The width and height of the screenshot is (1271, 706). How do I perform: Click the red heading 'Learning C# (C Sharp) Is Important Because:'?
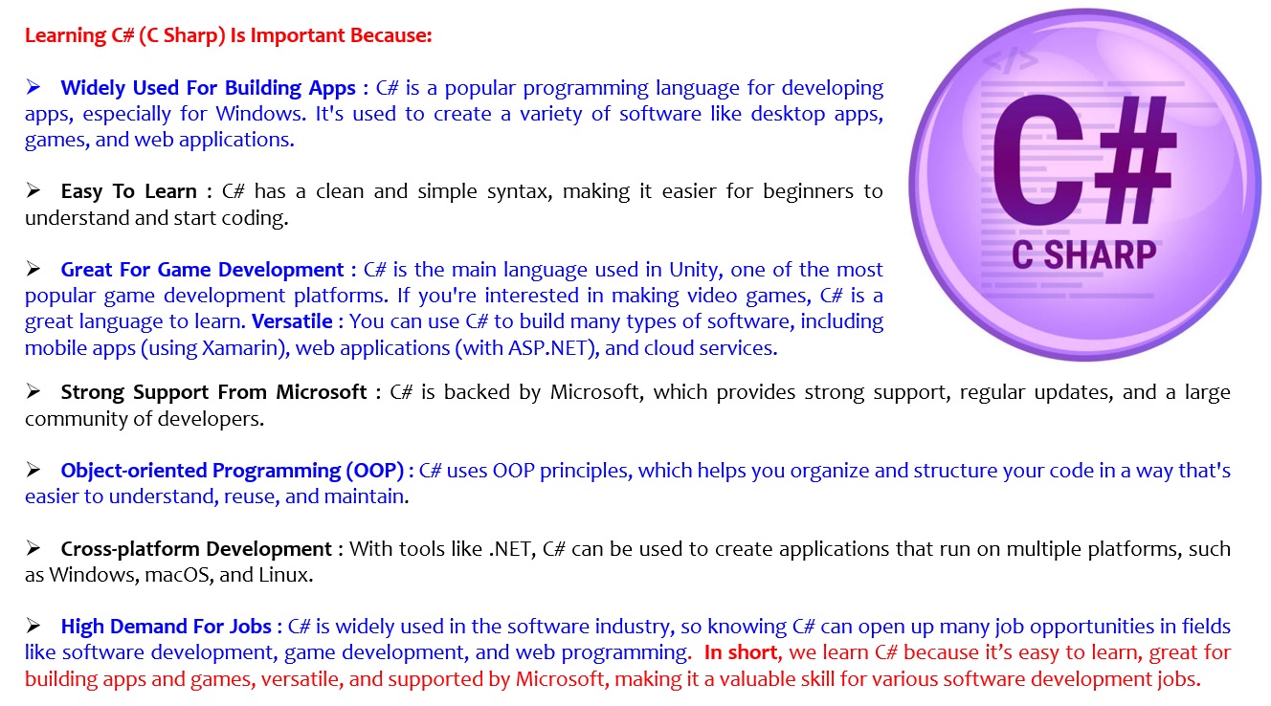(228, 35)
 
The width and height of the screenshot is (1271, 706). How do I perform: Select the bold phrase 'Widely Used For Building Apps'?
(208, 88)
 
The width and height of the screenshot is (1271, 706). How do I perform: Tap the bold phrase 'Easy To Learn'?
(129, 191)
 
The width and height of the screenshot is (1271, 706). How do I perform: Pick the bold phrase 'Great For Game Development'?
(202, 270)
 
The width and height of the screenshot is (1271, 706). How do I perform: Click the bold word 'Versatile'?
(292, 321)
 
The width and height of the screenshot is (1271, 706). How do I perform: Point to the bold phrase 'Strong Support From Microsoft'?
(213, 392)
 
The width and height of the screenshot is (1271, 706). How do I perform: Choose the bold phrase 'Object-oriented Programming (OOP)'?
(232, 471)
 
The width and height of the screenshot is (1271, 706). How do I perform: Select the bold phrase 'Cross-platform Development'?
(196, 549)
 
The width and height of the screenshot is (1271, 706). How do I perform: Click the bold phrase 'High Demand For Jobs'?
(166, 627)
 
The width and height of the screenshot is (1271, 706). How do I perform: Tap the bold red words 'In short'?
(741, 652)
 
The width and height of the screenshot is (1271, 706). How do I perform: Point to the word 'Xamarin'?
(244, 347)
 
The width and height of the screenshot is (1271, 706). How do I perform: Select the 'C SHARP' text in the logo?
(1083, 254)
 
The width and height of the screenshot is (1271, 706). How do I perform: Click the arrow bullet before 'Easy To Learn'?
(33, 190)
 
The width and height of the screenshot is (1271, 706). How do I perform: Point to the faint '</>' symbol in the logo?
(1010, 61)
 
